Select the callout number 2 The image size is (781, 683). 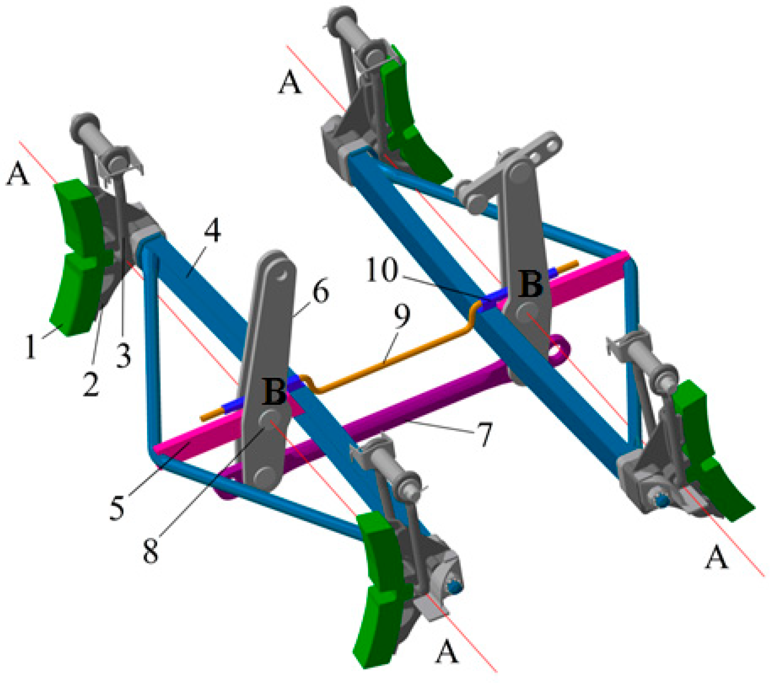91,383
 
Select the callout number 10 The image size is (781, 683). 383,270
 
